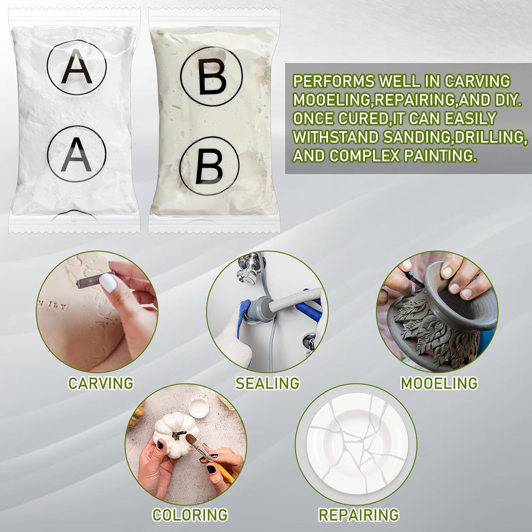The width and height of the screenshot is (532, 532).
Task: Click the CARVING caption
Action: (101, 383)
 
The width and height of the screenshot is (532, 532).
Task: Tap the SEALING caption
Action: (267, 383)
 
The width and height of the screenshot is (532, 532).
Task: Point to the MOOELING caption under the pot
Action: (439, 383)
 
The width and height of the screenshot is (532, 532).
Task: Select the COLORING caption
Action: (190, 515)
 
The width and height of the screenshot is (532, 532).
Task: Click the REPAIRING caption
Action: (359, 515)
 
